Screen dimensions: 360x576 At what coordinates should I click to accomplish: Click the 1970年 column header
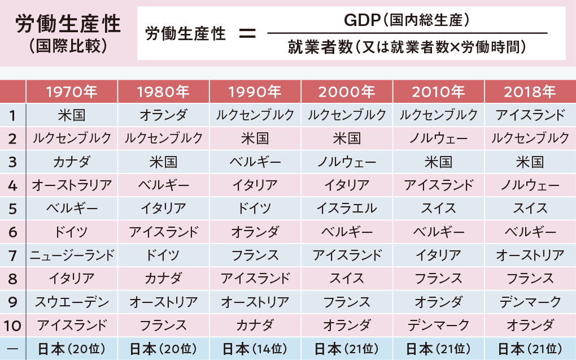pos(72,92)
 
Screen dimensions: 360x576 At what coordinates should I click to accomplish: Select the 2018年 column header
pos(530,92)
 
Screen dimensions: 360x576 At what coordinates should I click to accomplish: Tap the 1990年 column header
pos(255,92)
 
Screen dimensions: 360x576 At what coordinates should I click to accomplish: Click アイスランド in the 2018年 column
pos(530,115)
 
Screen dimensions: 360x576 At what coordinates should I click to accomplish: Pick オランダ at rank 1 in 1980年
pos(163,115)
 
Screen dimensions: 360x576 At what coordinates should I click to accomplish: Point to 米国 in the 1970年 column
pos(72,115)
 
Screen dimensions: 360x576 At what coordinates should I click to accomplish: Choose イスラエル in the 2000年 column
pos(347,208)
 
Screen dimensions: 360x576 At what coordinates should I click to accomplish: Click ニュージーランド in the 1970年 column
pos(72,255)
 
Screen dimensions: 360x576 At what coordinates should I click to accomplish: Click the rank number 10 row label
pos(13,325)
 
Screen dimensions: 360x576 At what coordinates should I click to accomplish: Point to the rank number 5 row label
pos(13,208)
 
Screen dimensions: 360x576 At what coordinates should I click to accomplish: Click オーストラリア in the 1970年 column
pos(72,185)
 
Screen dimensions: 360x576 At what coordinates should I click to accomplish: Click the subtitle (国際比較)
pos(68,46)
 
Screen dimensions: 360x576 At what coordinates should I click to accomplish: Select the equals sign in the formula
pos(247,34)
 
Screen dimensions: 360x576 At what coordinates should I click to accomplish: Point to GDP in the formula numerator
pos(359,20)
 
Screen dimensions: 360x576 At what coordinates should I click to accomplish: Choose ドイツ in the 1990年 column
pos(255,208)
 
